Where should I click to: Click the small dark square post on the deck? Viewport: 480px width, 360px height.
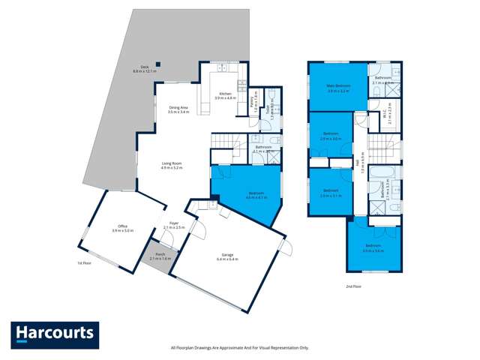157,64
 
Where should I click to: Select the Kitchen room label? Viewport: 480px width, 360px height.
225,96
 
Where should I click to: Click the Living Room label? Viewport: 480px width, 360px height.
172,164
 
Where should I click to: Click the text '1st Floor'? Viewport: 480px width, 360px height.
84,264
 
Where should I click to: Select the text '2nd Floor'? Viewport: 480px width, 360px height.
353,286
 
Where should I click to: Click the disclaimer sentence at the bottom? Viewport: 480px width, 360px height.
240,347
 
